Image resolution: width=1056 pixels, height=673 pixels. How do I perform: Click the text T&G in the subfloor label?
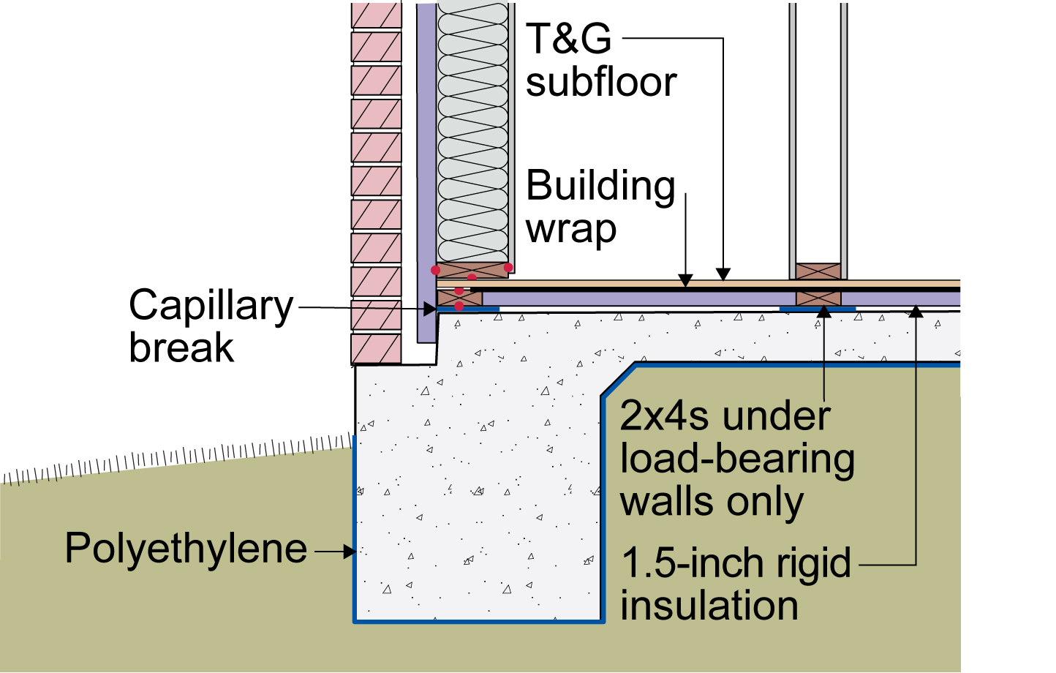coord(568,38)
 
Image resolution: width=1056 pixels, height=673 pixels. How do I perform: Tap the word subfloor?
coord(601,83)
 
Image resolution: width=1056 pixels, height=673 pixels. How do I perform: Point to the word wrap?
coord(571,229)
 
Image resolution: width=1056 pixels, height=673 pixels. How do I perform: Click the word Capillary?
coord(211,307)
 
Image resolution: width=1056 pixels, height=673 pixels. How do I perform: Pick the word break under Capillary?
coord(181,347)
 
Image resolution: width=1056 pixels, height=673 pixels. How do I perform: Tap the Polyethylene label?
coord(186,549)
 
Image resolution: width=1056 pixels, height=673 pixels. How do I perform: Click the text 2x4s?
coord(665,416)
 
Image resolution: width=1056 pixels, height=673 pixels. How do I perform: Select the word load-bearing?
coord(737,459)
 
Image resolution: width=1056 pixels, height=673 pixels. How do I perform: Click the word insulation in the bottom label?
coord(709,605)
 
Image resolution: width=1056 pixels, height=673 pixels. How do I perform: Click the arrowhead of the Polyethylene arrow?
coord(350,552)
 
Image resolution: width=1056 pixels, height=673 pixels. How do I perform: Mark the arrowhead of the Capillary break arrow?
coord(430,309)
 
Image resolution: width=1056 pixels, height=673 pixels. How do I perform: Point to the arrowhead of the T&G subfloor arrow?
coord(723,274)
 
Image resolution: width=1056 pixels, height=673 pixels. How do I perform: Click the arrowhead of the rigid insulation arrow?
coord(916,312)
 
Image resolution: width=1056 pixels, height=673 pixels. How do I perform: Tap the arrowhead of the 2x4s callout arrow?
coord(824,312)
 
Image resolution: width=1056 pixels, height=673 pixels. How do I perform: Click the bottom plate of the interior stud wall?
coord(818,271)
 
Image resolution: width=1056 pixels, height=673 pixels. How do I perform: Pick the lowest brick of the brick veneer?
coord(376,349)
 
